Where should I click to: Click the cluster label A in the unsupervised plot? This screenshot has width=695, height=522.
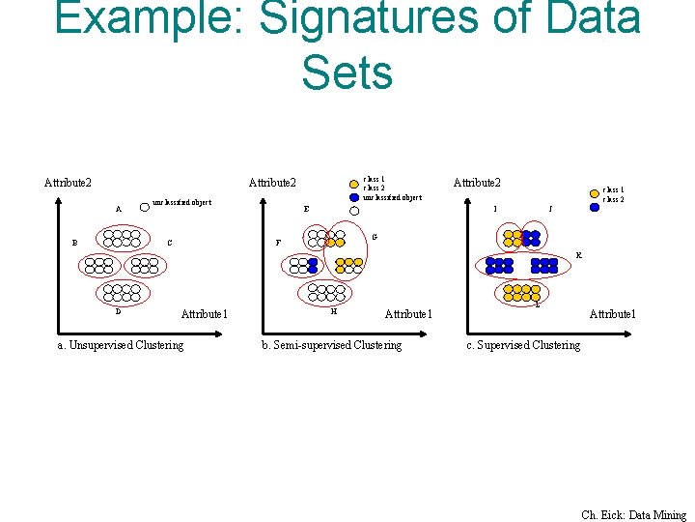pos(119,209)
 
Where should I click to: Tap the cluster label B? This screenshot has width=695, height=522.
pos(74,243)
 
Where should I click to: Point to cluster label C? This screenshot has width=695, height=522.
pos(169,243)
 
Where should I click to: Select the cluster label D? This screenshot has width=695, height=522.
pos(119,311)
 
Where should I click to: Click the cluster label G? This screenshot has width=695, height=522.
pos(375,237)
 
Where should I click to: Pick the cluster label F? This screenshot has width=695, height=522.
pos(279,243)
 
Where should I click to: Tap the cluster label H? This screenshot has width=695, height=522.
pos(333,311)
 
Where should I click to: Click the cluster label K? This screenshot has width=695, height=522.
pos(578,255)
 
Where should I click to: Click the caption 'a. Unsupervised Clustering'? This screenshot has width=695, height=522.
pos(121,345)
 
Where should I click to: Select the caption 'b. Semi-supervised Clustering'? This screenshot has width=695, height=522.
pos(332,345)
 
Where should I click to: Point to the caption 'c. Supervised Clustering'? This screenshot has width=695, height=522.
pos(523,345)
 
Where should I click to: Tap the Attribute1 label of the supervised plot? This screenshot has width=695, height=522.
pos(613,313)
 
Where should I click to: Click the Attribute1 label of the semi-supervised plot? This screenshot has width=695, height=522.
pos(408,313)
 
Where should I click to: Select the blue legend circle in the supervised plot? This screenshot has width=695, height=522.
pos(595,205)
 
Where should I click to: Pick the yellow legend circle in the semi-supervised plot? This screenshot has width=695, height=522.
pos(354,181)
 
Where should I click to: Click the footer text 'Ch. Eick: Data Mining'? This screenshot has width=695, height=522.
pos(633,515)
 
